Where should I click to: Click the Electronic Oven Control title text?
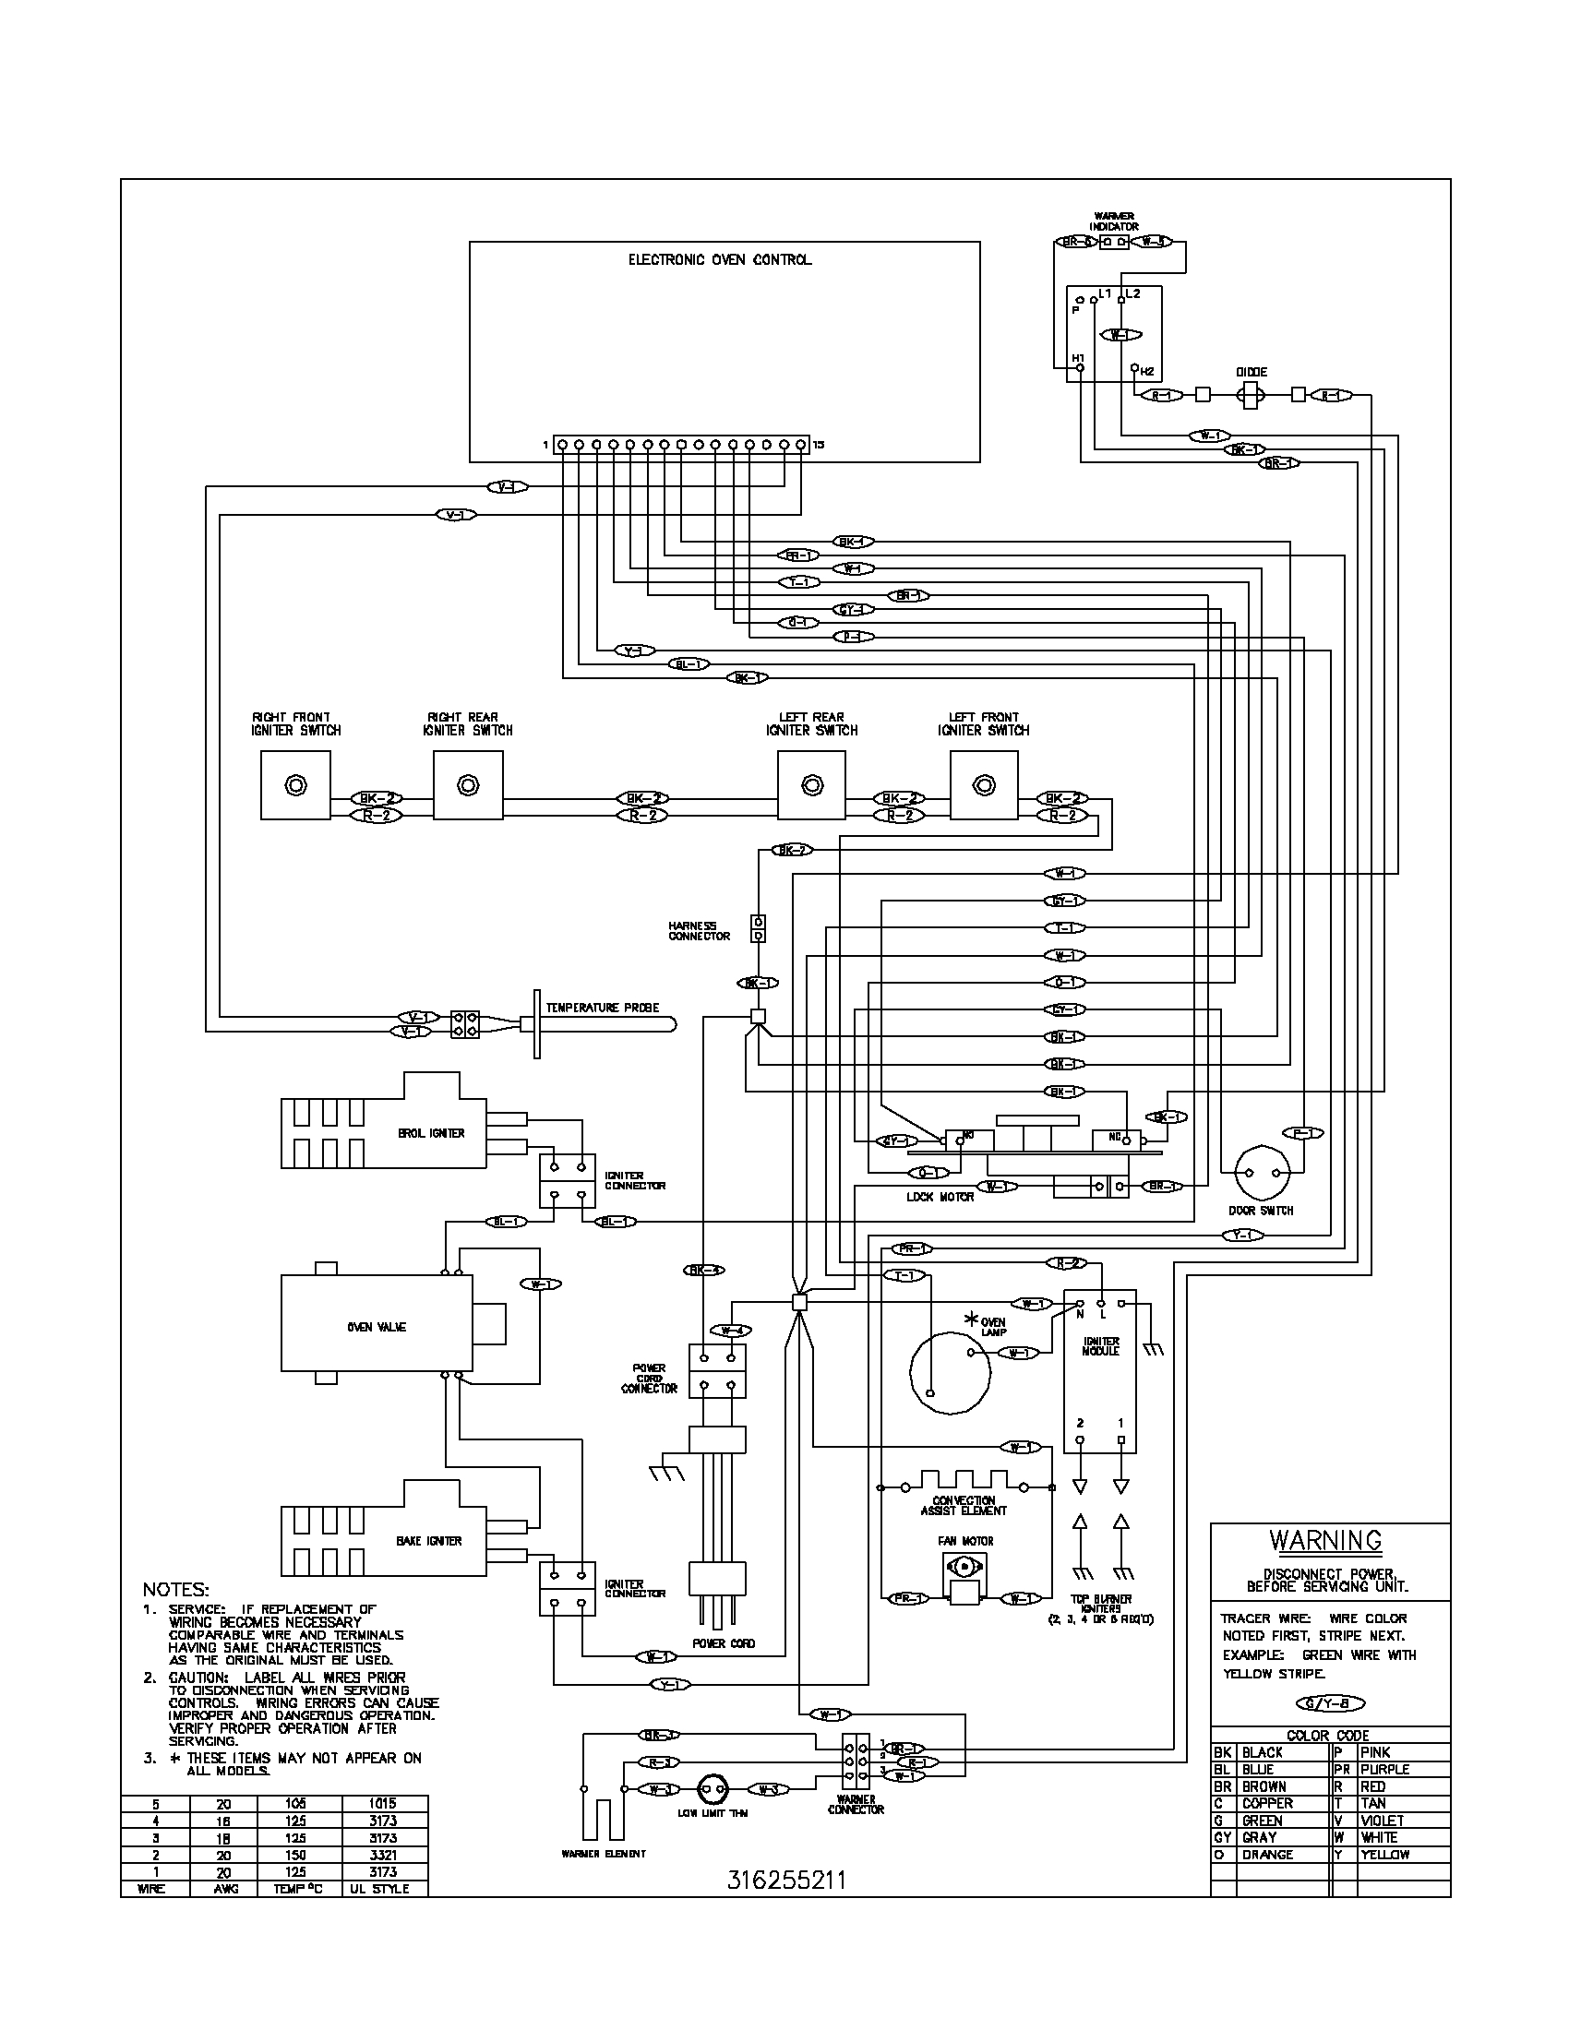(x=720, y=260)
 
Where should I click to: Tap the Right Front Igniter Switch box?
(x=295, y=785)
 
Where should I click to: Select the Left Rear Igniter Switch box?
(x=811, y=785)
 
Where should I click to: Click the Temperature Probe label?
(x=603, y=1008)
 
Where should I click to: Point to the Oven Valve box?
(x=377, y=1327)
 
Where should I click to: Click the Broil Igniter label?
(x=430, y=1133)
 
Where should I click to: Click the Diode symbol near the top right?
(x=1252, y=395)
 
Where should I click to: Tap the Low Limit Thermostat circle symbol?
(x=712, y=1787)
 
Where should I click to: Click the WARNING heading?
(x=1325, y=1540)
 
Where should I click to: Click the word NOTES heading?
(x=175, y=1590)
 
